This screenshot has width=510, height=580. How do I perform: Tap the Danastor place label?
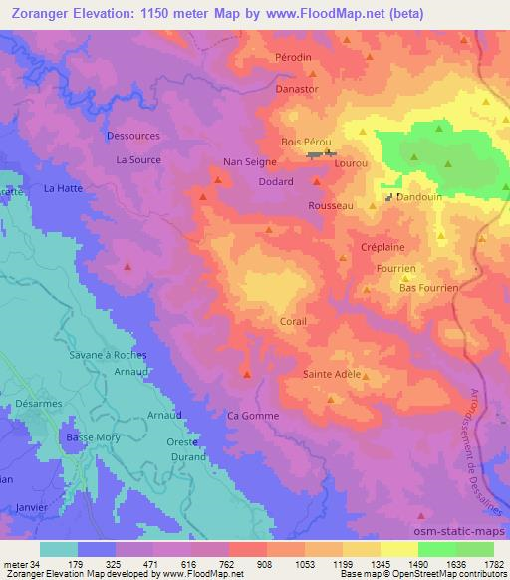[297, 88]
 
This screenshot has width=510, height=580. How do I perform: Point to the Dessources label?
[132, 136]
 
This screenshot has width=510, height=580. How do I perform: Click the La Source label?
[137, 159]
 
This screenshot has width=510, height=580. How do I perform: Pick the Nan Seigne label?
[248, 161]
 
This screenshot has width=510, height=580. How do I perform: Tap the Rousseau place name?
[332, 205]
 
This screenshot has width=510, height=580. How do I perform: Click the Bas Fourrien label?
[428, 287]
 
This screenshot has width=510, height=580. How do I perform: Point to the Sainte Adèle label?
[331, 374]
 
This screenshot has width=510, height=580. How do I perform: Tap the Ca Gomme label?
[254, 416]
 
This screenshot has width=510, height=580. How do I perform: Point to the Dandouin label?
[419, 197]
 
